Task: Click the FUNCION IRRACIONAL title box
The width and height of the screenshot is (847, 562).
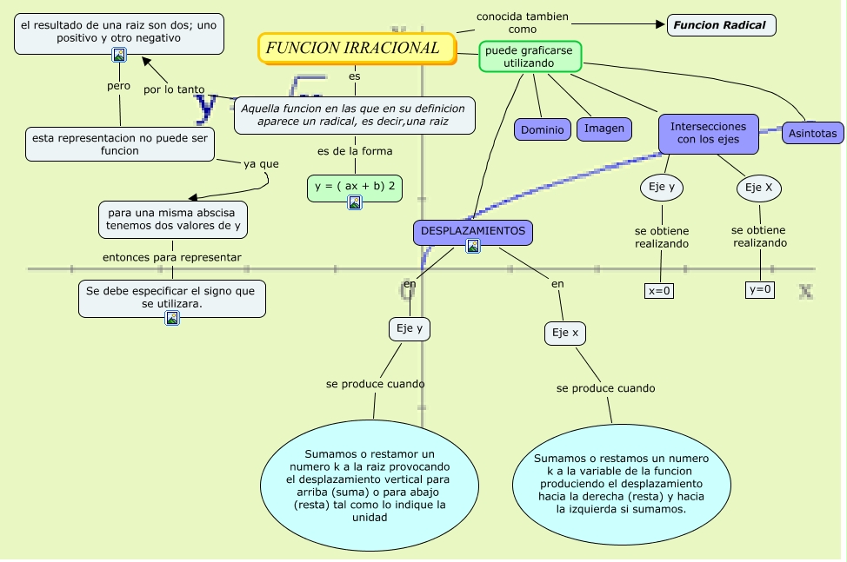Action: pos(357,49)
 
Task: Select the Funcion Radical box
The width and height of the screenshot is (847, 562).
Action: pos(721,25)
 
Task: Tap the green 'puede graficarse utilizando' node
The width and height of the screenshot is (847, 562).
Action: pos(530,56)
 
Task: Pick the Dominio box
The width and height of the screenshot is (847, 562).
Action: pos(543,129)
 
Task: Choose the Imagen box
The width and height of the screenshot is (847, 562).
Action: pos(604,129)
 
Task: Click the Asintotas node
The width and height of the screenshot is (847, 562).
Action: pos(813,133)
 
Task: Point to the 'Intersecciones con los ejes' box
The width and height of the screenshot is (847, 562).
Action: pos(708,133)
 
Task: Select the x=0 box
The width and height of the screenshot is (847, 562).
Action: pos(659,290)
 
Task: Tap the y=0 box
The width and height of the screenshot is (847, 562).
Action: pos(760,289)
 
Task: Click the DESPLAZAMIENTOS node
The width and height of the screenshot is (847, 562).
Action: pos(473,232)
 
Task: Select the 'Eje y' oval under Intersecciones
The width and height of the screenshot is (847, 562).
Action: pos(662,187)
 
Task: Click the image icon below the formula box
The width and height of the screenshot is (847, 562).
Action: pos(355,202)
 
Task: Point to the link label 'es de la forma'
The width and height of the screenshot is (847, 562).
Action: pos(354,151)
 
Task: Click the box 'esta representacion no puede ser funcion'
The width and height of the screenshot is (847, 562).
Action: pos(120,144)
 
